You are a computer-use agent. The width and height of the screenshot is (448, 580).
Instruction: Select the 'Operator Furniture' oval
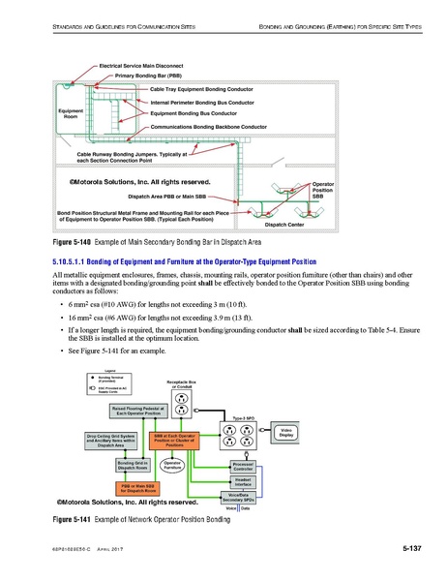[173, 466]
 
